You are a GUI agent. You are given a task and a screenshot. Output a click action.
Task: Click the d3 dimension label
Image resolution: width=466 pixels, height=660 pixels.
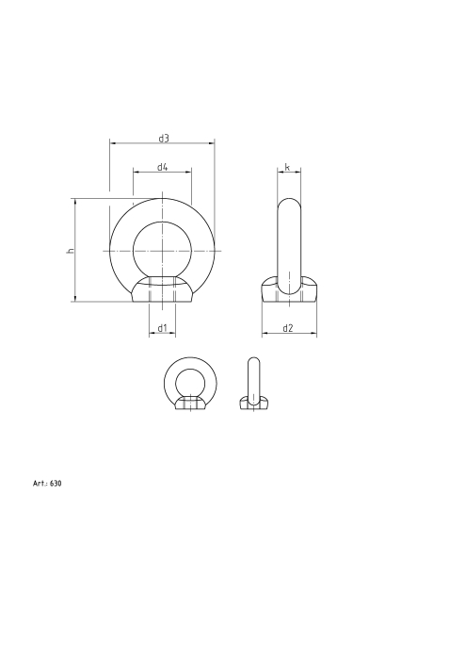[x=163, y=139]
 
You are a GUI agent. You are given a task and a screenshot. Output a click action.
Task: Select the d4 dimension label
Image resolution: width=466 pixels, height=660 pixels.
[x=162, y=167]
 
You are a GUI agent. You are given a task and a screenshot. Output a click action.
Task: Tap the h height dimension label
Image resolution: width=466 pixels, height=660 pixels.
[x=69, y=251]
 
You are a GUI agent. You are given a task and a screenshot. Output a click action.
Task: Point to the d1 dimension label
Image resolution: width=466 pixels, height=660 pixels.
[x=162, y=328]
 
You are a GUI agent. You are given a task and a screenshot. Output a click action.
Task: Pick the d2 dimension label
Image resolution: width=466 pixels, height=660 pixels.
[x=288, y=328]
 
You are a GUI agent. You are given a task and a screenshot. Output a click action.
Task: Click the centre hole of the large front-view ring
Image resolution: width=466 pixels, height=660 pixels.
[x=162, y=251]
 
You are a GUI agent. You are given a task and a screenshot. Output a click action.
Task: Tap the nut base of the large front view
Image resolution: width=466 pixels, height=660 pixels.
[x=162, y=291]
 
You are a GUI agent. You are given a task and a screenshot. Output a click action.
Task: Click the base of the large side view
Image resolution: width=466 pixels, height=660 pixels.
[x=288, y=291]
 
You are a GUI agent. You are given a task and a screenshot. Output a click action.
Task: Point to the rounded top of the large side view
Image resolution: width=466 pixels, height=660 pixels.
[x=288, y=206]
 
